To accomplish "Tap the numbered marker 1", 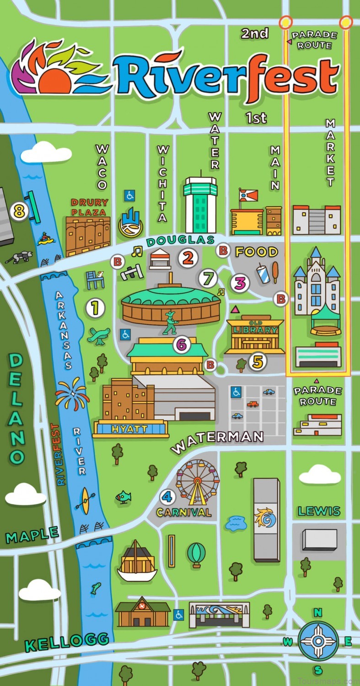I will (x=95, y=308).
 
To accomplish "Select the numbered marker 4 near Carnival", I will (x=167, y=497).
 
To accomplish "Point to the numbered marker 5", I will (x=258, y=362).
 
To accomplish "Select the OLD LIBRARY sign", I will (x=255, y=330).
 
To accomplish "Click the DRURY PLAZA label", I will (x=89, y=207).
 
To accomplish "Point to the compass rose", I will (x=318, y=641).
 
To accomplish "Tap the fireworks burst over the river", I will (x=72, y=394).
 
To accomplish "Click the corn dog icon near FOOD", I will (x=276, y=271).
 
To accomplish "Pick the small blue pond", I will (x=236, y=522).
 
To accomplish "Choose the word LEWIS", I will (x=319, y=511).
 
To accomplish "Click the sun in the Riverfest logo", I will (x=55, y=82).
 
